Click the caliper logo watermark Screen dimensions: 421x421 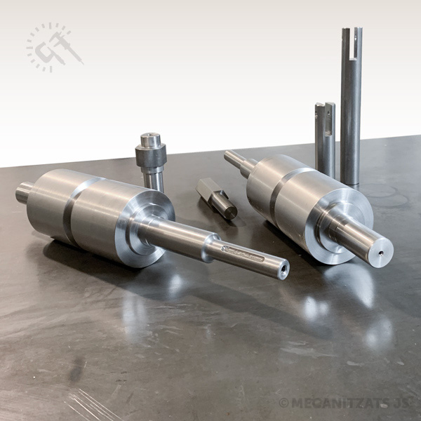[55, 48]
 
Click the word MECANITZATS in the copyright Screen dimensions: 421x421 [340, 403]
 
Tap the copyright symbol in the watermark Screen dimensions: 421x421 [283, 403]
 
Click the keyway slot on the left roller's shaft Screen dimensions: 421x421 [243, 254]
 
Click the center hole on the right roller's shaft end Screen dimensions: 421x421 [381, 253]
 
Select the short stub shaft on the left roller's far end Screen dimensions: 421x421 [24, 192]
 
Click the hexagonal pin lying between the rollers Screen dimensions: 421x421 [216, 198]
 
